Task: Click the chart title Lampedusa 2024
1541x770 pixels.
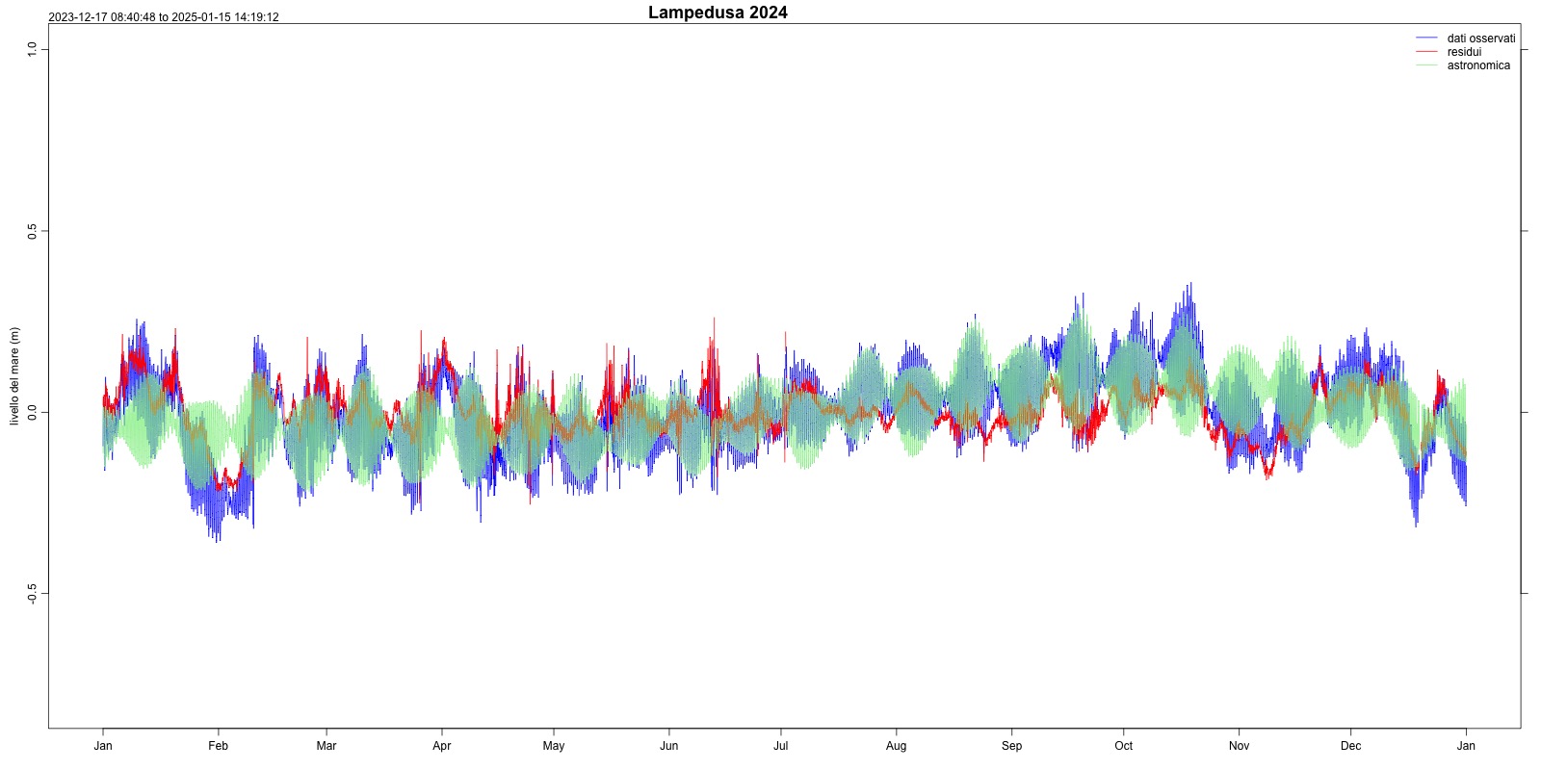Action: tap(718, 13)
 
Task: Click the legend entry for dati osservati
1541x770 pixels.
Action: tap(1480, 38)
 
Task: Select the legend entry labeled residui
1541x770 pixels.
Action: tap(1464, 52)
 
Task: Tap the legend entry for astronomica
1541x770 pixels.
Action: tap(1478, 65)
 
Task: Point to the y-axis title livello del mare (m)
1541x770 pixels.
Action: tap(14, 376)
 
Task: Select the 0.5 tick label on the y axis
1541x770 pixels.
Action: tap(32, 231)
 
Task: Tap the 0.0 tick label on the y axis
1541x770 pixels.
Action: tap(32, 413)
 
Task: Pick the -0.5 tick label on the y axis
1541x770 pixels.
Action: tap(32, 594)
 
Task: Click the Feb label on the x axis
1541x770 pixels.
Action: tap(219, 746)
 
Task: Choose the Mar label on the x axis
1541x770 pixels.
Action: tap(326, 746)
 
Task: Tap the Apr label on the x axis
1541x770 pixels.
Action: tap(442, 746)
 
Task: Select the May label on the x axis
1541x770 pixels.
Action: tap(554, 746)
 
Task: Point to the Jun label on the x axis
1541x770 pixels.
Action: tap(669, 746)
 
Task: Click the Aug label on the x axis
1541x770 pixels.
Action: tap(897, 746)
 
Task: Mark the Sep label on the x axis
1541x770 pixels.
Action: tap(1012, 746)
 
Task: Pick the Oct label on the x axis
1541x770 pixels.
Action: tap(1124, 746)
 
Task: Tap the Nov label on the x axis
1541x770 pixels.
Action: tap(1240, 746)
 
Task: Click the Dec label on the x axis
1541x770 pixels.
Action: tap(1351, 746)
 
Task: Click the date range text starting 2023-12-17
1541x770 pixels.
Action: tap(164, 17)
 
